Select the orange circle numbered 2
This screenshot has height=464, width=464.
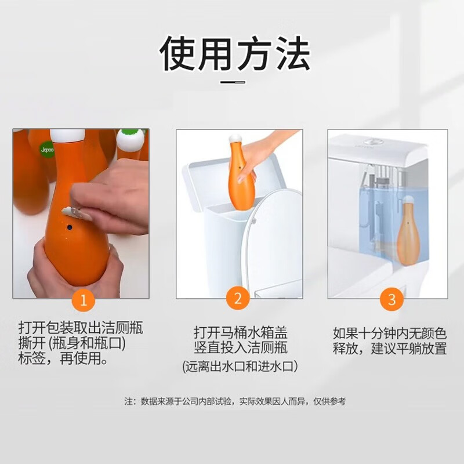[x=238, y=299]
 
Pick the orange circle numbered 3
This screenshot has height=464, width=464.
[x=391, y=299]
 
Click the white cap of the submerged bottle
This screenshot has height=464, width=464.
[x=408, y=200]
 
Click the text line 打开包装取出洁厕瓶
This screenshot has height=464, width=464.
[x=81, y=329]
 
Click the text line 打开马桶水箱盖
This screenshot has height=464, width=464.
[x=240, y=333]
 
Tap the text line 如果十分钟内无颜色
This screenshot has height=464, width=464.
[x=389, y=333]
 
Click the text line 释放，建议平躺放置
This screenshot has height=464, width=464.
[x=389, y=349]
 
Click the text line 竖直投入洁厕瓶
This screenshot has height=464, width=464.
[x=240, y=349]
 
